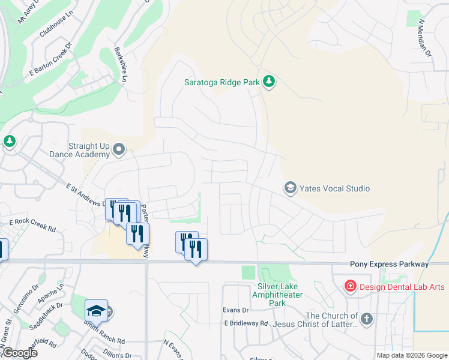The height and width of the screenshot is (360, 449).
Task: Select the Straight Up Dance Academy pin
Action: [x=119, y=149]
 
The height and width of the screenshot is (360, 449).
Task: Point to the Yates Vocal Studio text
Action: [x=335, y=188]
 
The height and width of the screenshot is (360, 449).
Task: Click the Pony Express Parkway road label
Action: [x=390, y=264]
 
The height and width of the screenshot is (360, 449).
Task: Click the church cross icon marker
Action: [x=366, y=318]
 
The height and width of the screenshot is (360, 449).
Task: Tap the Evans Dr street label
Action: [x=235, y=310]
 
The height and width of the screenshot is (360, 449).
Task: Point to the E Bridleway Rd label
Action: [x=246, y=323]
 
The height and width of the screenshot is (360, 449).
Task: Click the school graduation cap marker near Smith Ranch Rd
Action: [x=96, y=311]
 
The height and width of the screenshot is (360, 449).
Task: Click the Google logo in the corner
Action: [x=19, y=353]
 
